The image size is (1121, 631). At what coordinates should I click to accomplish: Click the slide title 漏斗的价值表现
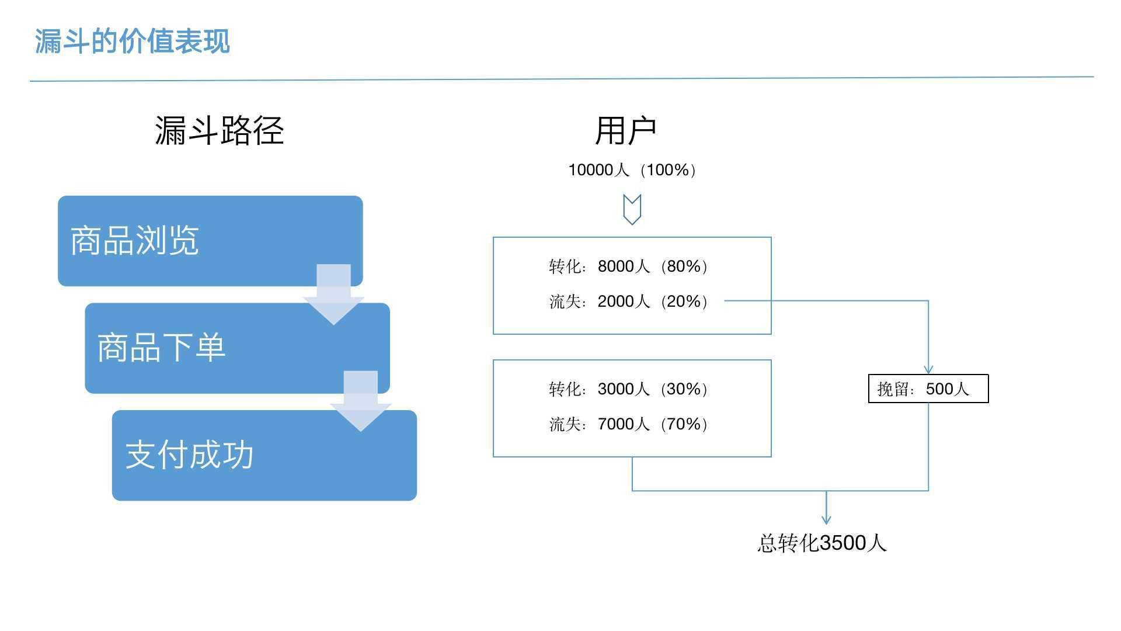(133, 41)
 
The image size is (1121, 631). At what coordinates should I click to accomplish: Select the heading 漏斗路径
(220, 130)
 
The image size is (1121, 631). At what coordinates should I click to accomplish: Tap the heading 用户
(626, 131)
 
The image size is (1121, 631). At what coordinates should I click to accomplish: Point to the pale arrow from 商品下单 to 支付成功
(361, 401)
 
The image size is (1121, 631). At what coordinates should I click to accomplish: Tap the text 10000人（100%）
(632, 170)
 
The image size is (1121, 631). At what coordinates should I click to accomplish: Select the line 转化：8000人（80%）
(628, 266)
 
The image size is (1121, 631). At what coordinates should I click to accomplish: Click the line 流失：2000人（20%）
(628, 301)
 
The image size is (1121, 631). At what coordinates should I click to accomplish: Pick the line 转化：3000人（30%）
(628, 389)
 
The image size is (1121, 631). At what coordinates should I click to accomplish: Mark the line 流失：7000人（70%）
(628, 424)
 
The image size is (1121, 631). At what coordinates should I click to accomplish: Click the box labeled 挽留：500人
(928, 389)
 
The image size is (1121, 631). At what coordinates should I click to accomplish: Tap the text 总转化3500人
(822, 543)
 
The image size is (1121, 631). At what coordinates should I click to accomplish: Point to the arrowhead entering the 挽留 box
(928, 370)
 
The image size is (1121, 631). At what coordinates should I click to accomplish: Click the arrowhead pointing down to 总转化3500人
(826, 519)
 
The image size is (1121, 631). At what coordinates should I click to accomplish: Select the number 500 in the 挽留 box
(939, 389)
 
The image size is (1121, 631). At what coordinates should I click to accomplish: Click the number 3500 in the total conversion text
(843, 543)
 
